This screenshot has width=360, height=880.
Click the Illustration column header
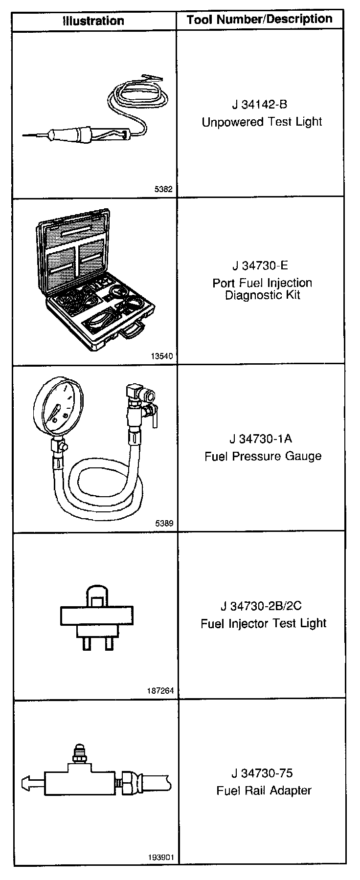pyautogui.click(x=93, y=21)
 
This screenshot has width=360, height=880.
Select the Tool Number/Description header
pyautogui.click(x=260, y=20)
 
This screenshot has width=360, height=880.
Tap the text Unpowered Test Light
pyautogui.click(x=262, y=122)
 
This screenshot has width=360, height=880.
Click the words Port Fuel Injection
pyautogui.click(x=262, y=283)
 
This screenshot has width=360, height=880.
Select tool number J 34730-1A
pyautogui.click(x=261, y=439)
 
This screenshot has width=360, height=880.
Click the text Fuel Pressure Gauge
pyautogui.click(x=263, y=456)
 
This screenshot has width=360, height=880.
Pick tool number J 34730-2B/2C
pyautogui.click(x=261, y=606)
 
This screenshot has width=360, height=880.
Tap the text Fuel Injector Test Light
pyautogui.click(x=263, y=623)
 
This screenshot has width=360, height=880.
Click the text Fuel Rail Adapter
pyautogui.click(x=264, y=791)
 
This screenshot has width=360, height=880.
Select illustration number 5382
pyautogui.click(x=163, y=189)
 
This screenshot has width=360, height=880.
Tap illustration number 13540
pyautogui.click(x=162, y=356)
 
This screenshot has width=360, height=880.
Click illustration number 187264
pyautogui.click(x=160, y=691)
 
